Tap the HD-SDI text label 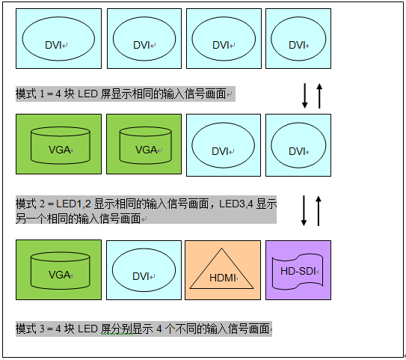point(298,271)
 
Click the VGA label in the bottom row point(59,275)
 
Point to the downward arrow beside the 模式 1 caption point(305,96)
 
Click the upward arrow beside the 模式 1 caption point(319,96)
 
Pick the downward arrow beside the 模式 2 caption point(304,211)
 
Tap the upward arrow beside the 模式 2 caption point(319,211)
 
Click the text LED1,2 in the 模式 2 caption point(73,204)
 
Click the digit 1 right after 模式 point(42,94)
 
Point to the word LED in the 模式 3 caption point(87,329)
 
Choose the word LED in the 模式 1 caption point(87,94)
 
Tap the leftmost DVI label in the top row point(53,45)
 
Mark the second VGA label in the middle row point(146,150)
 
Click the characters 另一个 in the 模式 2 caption point(31,219)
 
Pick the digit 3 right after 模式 point(42,329)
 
